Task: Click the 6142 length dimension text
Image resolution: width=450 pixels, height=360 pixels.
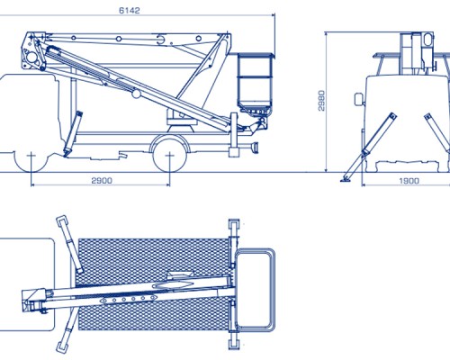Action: point(130,11)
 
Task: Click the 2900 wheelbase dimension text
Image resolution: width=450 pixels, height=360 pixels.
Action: point(102,181)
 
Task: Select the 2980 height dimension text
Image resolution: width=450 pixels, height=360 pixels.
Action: point(321,101)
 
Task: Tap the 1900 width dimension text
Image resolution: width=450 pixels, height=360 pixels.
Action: point(409,181)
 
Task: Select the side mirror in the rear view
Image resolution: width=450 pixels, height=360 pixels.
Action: point(359,99)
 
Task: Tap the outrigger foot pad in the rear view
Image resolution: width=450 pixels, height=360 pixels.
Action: point(346,180)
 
